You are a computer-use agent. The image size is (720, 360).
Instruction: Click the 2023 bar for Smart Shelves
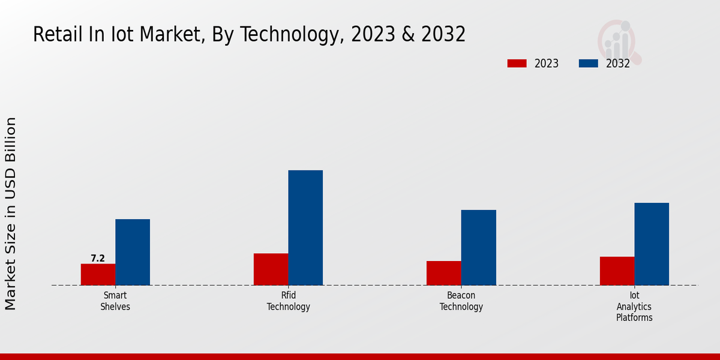click(98, 275)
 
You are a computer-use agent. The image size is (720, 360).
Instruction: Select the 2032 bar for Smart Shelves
click(133, 252)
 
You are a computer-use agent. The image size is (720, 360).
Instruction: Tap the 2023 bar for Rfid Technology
click(271, 269)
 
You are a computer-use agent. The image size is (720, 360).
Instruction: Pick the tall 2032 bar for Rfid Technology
click(305, 228)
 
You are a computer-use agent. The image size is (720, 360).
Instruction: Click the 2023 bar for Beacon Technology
click(444, 273)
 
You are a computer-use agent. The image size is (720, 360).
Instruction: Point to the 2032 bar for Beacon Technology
click(479, 247)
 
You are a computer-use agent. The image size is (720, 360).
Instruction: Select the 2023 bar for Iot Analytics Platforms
click(617, 271)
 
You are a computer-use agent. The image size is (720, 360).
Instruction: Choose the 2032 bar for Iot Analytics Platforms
click(652, 244)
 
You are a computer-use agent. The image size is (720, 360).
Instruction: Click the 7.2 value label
click(98, 259)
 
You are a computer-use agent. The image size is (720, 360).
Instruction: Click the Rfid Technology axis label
click(289, 301)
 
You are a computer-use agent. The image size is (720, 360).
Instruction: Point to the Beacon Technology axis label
click(461, 301)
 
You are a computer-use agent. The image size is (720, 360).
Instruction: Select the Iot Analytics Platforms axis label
click(634, 307)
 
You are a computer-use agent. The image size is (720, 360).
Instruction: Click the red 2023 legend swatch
click(517, 64)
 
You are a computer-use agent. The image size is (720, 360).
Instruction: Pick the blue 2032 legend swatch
click(589, 64)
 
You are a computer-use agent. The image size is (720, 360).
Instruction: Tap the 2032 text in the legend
click(618, 64)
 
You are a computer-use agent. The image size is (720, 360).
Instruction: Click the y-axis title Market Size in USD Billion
click(11, 214)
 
